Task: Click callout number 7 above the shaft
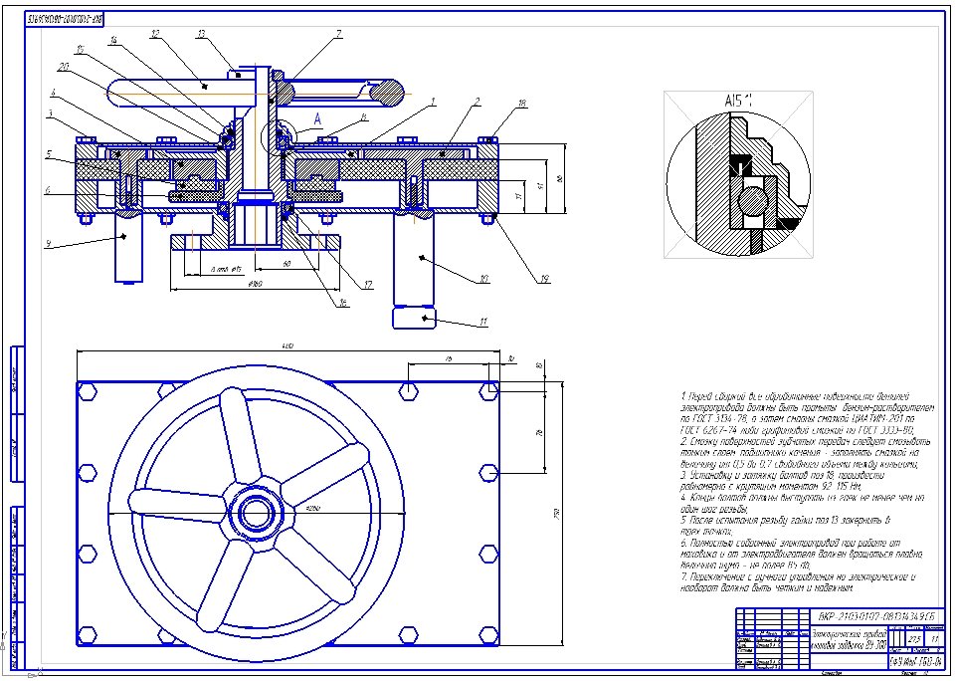coord(338,34)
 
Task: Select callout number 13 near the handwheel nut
coord(201,34)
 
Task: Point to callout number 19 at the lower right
coord(545,279)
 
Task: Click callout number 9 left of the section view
coord(49,243)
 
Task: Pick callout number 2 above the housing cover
coord(478,102)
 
